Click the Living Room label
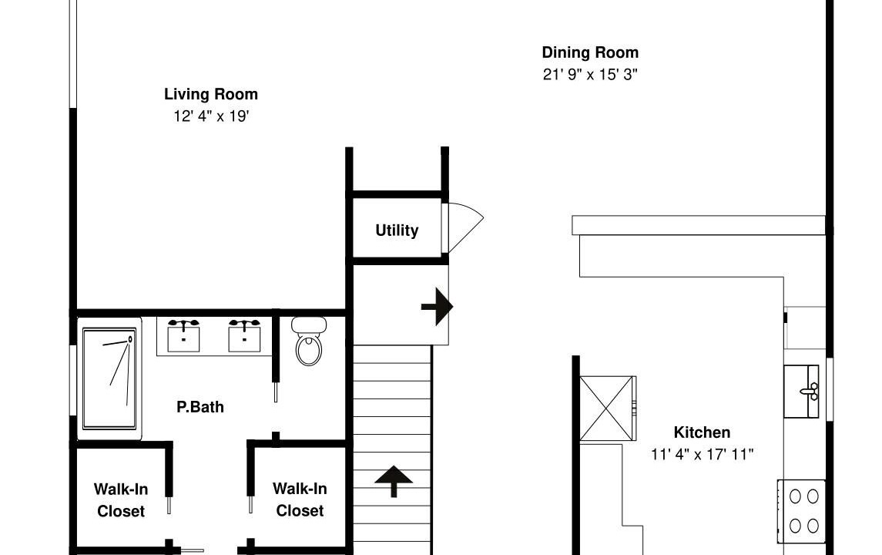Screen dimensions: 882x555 pos(211,95)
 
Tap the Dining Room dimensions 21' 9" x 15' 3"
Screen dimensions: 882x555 pos(590,74)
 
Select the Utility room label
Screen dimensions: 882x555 pos(397,230)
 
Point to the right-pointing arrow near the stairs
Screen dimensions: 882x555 pos(437,307)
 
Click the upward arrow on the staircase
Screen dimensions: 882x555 pos(394,481)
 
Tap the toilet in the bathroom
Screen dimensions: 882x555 pos(309,341)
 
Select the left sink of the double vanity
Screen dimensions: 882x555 pos(183,335)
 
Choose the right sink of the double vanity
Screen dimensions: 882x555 pos(244,335)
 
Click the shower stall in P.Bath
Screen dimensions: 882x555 pos(109,378)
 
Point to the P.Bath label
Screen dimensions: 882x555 pos(200,407)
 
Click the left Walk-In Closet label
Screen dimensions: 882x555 pos(121,499)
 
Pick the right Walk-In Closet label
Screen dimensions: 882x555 pos(300,499)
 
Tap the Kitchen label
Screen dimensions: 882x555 pos(702,432)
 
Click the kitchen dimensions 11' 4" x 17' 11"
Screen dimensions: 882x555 pos(702,454)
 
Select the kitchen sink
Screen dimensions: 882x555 pos(802,392)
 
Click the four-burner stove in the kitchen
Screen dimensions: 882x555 pos(802,511)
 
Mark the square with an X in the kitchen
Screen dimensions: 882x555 pos(608,409)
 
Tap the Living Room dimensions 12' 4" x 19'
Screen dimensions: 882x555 pos(211,116)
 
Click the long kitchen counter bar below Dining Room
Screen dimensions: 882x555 pos(699,225)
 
